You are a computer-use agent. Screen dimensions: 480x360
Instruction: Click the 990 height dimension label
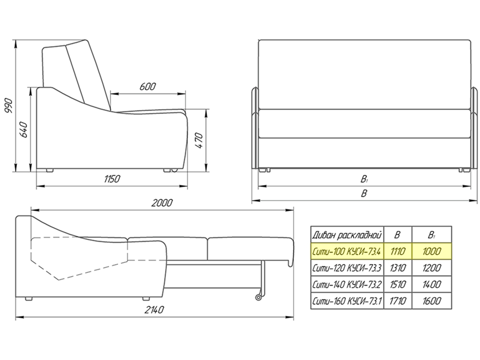(9, 106)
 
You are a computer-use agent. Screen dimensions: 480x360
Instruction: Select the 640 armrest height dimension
(24, 130)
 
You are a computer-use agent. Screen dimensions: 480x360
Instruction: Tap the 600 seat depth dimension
(147, 86)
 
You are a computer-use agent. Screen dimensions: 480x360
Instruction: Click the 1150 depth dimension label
(112, 179)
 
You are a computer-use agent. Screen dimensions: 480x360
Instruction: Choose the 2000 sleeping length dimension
(162, 203)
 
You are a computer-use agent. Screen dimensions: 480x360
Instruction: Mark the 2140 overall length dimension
(154, 310)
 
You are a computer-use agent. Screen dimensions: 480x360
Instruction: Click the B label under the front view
(364, 193)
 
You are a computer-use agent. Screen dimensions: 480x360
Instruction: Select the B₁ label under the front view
(364, 179)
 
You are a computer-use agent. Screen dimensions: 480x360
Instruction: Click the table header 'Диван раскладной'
(347, 235)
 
